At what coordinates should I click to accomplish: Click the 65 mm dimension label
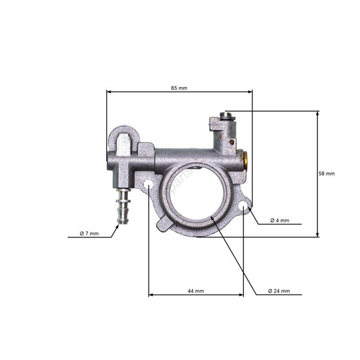point(179,88)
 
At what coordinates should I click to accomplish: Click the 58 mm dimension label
point(326,174)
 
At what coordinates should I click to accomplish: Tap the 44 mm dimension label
point(196,291)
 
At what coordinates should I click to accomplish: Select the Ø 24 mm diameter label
point(278,291)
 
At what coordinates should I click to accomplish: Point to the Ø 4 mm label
point(280,221)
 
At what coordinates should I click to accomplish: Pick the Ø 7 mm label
point(89,233)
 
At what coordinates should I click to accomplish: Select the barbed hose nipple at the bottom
point(123,207)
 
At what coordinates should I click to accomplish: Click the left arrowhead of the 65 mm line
point(109,92)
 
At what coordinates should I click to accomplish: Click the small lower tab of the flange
point(164,225)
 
